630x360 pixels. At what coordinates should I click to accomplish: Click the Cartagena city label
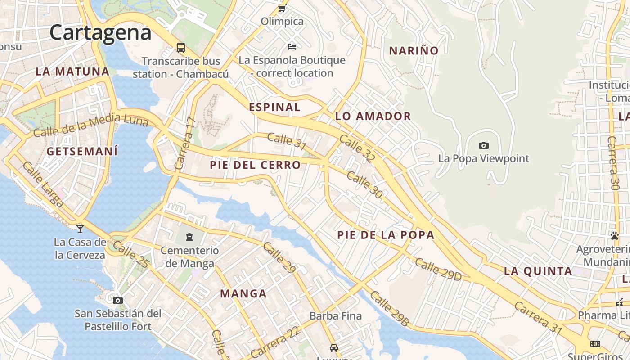pos(100,33)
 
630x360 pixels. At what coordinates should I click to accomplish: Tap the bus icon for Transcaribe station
pos(181,47)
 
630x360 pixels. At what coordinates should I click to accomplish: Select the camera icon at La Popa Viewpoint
pos(484,145)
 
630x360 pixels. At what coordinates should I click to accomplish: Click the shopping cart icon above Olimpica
pos(282,8)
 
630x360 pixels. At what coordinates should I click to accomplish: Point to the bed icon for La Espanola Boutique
pos(292,46)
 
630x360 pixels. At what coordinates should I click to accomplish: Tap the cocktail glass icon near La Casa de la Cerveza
pos(80,229)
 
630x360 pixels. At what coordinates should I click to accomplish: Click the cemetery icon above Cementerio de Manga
pos(189,237)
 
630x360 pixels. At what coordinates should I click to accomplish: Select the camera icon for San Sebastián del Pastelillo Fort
pos(118,300)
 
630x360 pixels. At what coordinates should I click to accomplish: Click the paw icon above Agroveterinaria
pos(615,235)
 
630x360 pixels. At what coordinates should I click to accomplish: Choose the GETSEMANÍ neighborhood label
pos(82,151)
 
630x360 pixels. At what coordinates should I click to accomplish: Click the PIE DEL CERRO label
pos(255,165)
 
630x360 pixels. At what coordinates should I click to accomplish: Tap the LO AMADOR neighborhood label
pos(373,117)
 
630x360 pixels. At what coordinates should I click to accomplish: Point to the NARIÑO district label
pos(414,51)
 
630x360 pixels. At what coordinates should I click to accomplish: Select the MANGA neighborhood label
pos(243,294)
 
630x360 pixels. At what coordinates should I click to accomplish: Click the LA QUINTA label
pos(538,271)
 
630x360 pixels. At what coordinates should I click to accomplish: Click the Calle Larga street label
pos(43,184)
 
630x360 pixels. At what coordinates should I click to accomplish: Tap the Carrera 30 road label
pos(613,162)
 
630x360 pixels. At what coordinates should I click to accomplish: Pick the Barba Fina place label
pos(336,316)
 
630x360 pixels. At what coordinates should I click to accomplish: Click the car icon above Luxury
pos(333,347)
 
